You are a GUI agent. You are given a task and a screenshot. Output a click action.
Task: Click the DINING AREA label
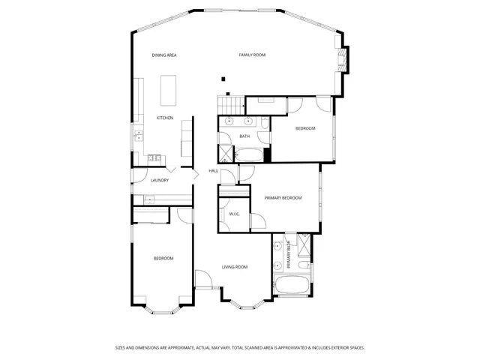click(x=163, y=55)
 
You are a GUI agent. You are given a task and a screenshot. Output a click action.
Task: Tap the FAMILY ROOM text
click(x=252, y=55)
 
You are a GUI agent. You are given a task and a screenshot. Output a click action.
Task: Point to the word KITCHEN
click(x=164, y=118)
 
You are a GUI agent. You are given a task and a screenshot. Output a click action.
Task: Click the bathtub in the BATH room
click(x=249, y=155)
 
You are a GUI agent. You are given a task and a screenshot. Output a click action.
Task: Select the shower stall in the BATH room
click(x=225, y=154)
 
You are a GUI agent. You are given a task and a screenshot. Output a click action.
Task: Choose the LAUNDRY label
click(x=159, y=180)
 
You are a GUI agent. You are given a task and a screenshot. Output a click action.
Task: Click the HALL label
click(x=213, y=171)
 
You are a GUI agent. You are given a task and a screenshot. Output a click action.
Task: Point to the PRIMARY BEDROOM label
click(x=283, y=197)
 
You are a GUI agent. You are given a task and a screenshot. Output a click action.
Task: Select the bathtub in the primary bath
click(x=292, y=286)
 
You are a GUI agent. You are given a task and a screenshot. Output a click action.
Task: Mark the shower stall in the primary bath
click(x=304, y=245)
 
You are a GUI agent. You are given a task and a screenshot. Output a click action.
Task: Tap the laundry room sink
click(x=148, y=199)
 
